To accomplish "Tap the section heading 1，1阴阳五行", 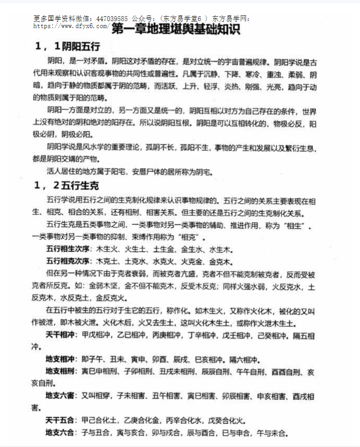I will (70, 47).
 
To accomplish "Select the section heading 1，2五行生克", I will (67, 186).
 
